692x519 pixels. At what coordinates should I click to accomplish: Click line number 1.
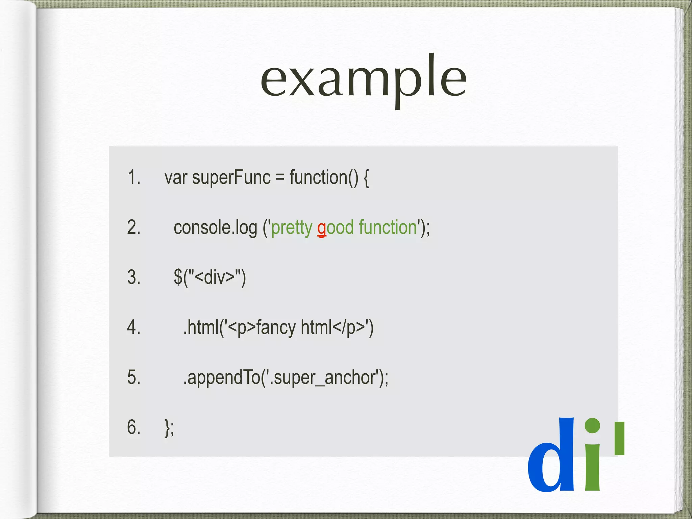134,177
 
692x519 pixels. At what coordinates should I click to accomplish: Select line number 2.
134,227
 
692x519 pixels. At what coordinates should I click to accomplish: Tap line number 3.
134,277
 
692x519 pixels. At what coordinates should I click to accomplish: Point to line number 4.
134,327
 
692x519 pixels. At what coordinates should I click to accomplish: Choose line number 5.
134,377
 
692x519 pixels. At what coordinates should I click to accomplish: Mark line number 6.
134,427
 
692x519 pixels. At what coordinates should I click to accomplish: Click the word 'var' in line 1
176,178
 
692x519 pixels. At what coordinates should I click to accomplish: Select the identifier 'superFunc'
231,178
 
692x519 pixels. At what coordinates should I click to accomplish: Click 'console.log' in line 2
215,227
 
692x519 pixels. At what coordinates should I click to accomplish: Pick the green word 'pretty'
292,228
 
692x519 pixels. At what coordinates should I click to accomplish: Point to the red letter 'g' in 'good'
322,229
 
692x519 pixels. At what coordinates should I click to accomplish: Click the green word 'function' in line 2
388,227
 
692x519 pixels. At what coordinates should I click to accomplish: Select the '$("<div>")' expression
209,277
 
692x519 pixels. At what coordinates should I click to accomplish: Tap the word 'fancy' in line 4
276,328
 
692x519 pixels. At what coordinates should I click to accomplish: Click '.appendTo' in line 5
221,378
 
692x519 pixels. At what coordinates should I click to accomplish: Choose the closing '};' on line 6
169,428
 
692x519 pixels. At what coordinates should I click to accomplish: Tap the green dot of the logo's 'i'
592,426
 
